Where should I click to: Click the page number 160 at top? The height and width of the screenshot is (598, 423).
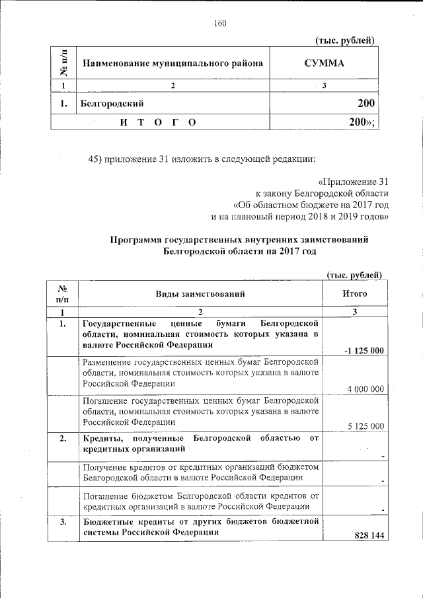click(x=220, y=24)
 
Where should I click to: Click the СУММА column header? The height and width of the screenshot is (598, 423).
click(x=324, y=63)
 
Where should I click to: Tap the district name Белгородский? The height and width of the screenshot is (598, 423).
click(x=112, y=103)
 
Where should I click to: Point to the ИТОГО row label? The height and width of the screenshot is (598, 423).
click(x=157, y=123)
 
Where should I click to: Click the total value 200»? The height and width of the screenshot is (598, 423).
click(x=362, y=123)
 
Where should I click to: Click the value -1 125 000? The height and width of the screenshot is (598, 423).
click(x=364, y=350)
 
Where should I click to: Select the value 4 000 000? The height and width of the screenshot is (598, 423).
click(x=365, y=389)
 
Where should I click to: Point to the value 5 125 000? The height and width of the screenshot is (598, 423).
click(x=365, y=426)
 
